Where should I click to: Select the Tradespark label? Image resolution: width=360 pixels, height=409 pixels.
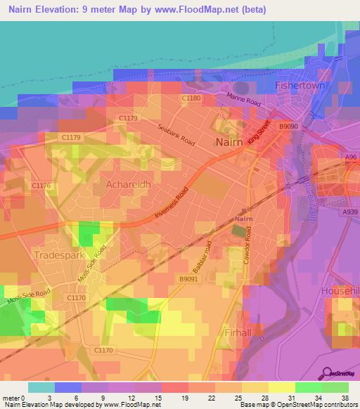[60, 254]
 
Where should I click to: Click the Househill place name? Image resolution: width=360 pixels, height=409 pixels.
[340, 290]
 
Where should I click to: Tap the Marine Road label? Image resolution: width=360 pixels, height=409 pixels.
[243, 103]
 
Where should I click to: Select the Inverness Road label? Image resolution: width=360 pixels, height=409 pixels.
[174, 202]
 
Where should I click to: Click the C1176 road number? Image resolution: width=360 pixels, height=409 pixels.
[42, 185]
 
